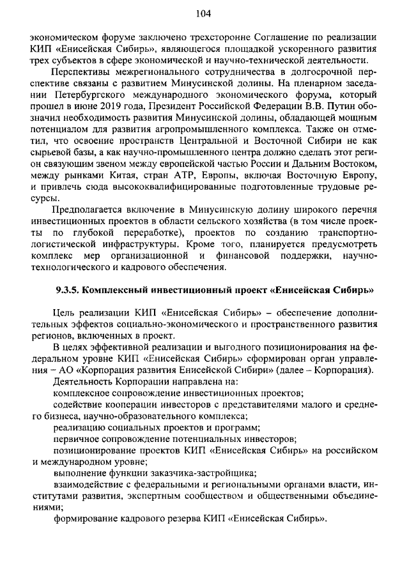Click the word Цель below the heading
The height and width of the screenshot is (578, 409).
click(67, 312)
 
